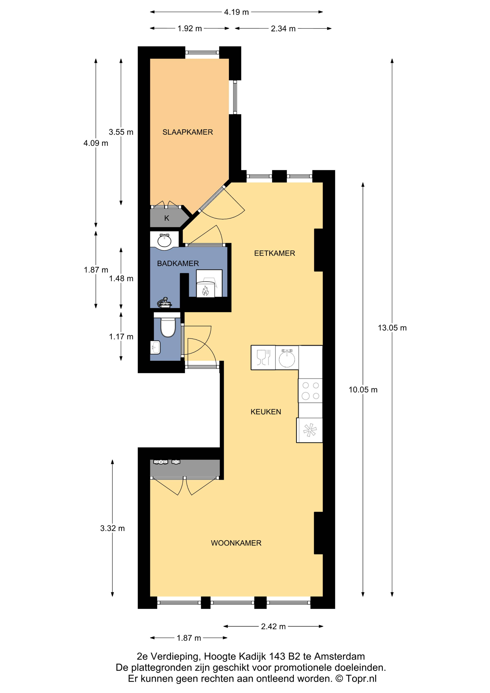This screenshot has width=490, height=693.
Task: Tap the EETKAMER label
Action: click(x=274, y=253)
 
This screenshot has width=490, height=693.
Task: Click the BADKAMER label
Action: click(x=178, y=263)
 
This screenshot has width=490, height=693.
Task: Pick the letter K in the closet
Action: click(x=167, y=218)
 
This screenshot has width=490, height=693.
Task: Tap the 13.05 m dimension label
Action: click(x=392, y=328)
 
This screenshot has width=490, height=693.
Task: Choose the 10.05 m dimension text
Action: click(x=363, y=390)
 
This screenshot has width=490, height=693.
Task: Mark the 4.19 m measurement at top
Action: click(x=236, y=12)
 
